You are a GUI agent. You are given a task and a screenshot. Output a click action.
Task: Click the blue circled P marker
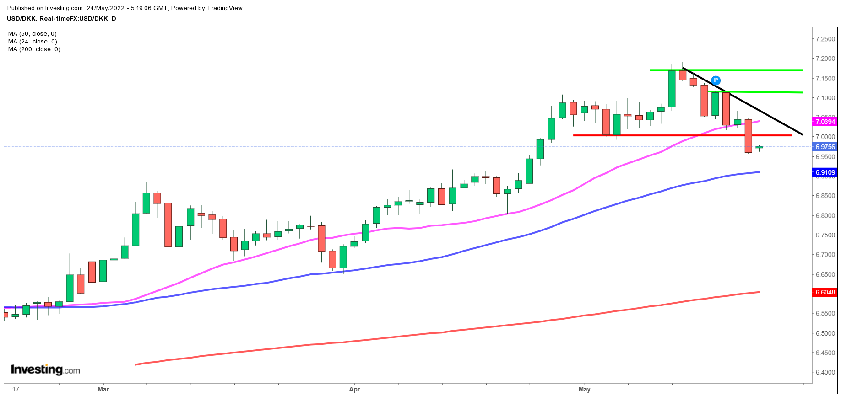click(716, 80)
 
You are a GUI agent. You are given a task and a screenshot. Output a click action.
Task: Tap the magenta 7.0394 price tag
click(825, 122)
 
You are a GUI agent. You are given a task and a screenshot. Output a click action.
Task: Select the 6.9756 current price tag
click(825, 147)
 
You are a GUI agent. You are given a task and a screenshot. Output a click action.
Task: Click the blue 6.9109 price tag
click(825, 172)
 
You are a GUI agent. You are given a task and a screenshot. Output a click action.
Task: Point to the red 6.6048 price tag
click(825, 292)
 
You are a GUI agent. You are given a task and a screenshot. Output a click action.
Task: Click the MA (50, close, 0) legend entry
click(33, 34)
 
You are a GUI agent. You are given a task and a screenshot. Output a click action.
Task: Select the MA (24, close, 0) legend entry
click(33, 42)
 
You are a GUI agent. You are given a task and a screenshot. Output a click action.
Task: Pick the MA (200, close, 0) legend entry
click(34, 49)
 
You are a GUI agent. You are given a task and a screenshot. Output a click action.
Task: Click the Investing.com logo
click(45, 369)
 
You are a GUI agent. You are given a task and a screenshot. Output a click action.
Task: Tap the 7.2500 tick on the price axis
click(825, 39)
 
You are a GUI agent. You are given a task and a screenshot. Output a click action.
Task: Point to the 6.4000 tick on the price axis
click(825, 372)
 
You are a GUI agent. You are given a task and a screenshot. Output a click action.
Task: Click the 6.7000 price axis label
click(825, 255)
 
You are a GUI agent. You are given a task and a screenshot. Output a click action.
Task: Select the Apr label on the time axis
click(354, 390)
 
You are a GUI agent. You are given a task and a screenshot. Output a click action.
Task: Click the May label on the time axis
click(584, 390)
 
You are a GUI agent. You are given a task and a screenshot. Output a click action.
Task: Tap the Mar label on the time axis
click(103, 390)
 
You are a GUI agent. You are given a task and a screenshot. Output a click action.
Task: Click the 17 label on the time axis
click(16, 390)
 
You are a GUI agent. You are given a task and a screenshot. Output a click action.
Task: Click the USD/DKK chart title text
click(61, 19)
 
